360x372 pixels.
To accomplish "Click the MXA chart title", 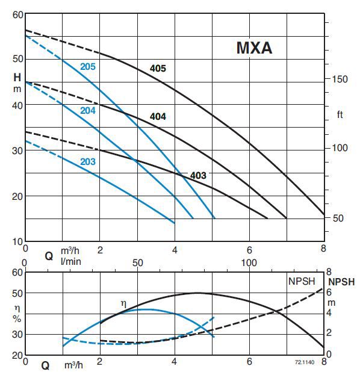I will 253,48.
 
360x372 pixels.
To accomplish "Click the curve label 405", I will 158,69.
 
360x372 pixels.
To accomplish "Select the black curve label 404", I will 158,116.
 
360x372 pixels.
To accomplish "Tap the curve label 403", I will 198,176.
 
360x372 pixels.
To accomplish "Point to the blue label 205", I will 88,67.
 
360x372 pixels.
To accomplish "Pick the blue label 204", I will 88,110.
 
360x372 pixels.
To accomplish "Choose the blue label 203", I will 88,161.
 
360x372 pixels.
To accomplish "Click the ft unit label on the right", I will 340,114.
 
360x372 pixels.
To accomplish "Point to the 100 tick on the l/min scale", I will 249,263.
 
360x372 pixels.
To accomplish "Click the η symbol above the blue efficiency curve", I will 124,304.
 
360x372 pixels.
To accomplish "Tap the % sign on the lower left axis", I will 17,317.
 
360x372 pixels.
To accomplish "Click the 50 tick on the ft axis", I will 338,218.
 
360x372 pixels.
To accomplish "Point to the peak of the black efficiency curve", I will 197,293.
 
